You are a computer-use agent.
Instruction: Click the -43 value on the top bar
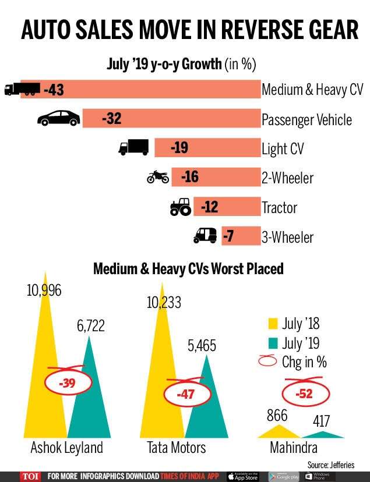click(51, 90)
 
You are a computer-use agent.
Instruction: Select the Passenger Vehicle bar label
click(306, 119)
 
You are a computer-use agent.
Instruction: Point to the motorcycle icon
click(158, 177)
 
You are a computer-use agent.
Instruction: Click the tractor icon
click(180, 207)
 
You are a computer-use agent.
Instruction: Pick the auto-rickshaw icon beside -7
click(205, 236)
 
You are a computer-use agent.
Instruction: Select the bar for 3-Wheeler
click(241, 236)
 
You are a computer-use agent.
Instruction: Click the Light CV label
click(283, 148)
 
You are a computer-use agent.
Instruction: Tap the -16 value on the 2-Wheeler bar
click(189, 177)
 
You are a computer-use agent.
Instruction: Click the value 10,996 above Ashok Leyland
click(44, 290)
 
